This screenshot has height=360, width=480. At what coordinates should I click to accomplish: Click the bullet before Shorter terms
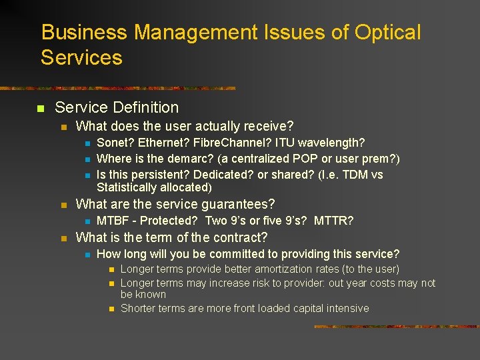pos(111,309)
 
